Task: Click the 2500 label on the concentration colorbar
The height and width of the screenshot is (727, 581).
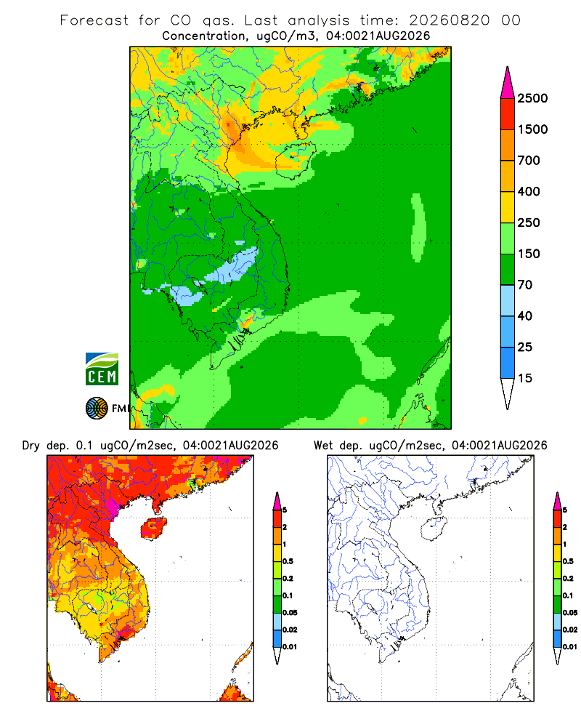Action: tap(532, 98)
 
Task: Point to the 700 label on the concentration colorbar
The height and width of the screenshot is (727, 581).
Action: tap(529, 161)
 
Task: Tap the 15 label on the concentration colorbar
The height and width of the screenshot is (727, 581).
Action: tap(525, 378)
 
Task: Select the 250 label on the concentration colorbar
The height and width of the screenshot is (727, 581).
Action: tap(529, 222)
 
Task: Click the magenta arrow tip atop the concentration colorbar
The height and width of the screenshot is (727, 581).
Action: tap(508, 83)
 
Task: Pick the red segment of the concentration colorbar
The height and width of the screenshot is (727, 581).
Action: tap(508, 114)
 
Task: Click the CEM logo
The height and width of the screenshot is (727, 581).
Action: tap(102, 369)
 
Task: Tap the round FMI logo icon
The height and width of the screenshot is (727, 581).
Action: tap(97, 409)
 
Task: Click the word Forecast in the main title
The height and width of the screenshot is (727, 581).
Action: tap(94, 20)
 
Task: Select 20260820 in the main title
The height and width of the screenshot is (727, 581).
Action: tap(449, 20)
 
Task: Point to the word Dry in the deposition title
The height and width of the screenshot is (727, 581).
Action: tap(31, 446)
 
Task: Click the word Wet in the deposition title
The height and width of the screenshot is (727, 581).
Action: tap(323, 446)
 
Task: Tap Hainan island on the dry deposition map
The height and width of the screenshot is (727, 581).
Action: tap(153, 529)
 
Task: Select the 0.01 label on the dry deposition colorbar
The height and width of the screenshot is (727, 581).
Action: tap(290, 647)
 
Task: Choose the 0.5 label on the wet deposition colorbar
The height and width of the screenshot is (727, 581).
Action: tap(568, 561)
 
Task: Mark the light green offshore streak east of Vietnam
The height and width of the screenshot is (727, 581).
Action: tap(418, 227)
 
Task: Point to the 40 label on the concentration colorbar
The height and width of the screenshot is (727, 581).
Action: tap(525, 316)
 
